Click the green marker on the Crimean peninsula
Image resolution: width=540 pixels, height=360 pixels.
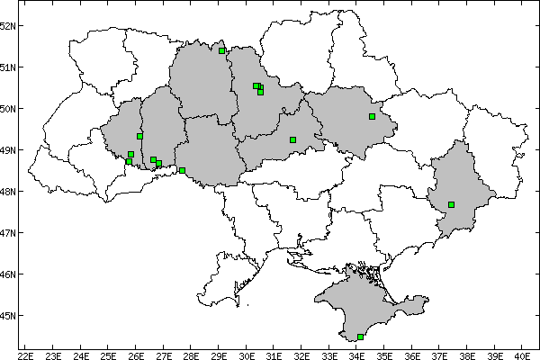pyautogui.click(x=360, y=337)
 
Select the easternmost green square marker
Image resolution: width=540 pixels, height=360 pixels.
pyautogui.click(x=451, y=204)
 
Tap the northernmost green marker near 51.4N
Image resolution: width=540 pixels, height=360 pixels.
pyautogui.click(x=221, y=50)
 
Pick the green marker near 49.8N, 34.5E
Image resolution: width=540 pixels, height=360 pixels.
pyautogui.click(x=372, y=116)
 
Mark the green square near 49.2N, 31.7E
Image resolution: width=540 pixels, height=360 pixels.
pyautogui.click(x=292, y=139)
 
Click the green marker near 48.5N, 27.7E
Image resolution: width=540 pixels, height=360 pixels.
pyautogui.click(x=182, y=170)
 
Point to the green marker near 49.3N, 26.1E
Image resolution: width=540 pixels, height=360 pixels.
pyautogui.click(x=139, y=136)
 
